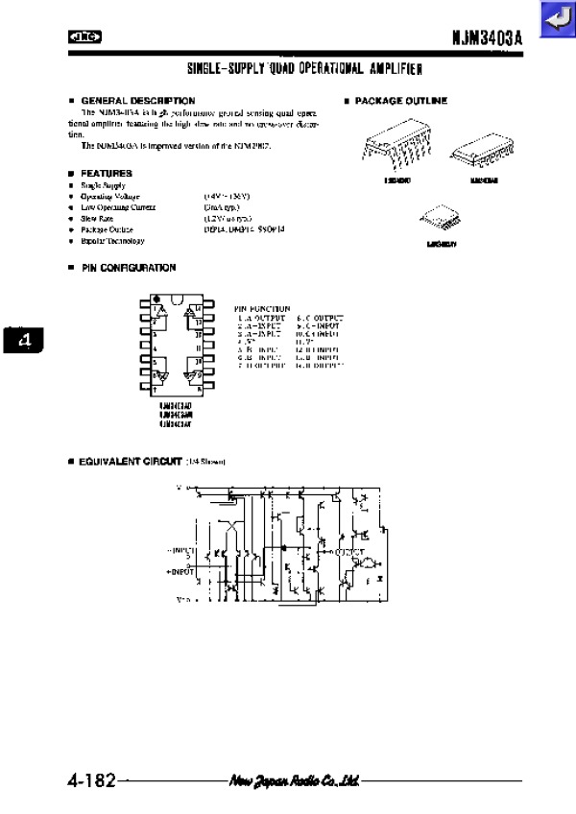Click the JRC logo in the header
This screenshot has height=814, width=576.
coord(85,38)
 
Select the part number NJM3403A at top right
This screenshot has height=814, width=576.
coord(487,38)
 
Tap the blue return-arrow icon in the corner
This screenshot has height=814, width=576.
coord(555,19)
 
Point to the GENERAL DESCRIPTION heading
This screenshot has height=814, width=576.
coord(137,101)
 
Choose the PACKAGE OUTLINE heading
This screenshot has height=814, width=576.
coord(400,101)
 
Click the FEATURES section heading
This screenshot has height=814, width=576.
coord(107,173)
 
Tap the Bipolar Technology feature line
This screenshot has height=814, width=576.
coord(113,240)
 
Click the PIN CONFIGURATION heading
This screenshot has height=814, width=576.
coord(128,268)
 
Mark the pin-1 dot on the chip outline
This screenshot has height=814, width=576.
coord(156,299)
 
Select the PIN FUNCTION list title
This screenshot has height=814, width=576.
coord(262,309)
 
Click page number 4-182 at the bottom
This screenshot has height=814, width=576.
coord(91,780)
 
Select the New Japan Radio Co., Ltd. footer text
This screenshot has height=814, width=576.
coord(294,780)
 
